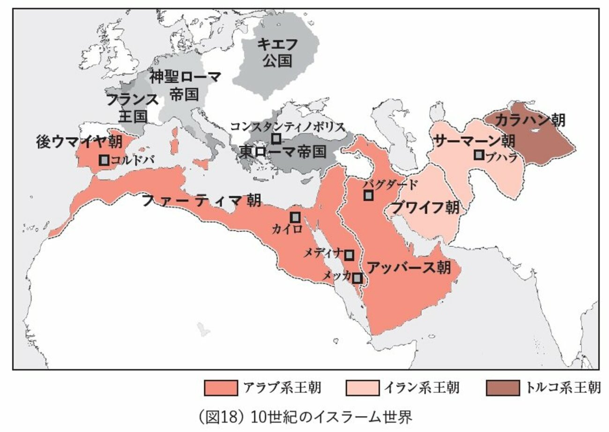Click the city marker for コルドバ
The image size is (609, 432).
(x=104, y=160)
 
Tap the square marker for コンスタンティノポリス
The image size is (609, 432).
(x=276, y=138)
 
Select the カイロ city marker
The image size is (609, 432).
(x=295, y=217)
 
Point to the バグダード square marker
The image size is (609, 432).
(x=369, y=195)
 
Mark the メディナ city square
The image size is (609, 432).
(x=349, y=254)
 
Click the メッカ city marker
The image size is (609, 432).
(x=357, y=277)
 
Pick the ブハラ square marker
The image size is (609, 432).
(x=479, y=155)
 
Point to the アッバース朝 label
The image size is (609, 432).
(x=408, y=268)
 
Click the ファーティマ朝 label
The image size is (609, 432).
(x=201, y=201)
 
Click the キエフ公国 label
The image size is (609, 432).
(x=277, y=52)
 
